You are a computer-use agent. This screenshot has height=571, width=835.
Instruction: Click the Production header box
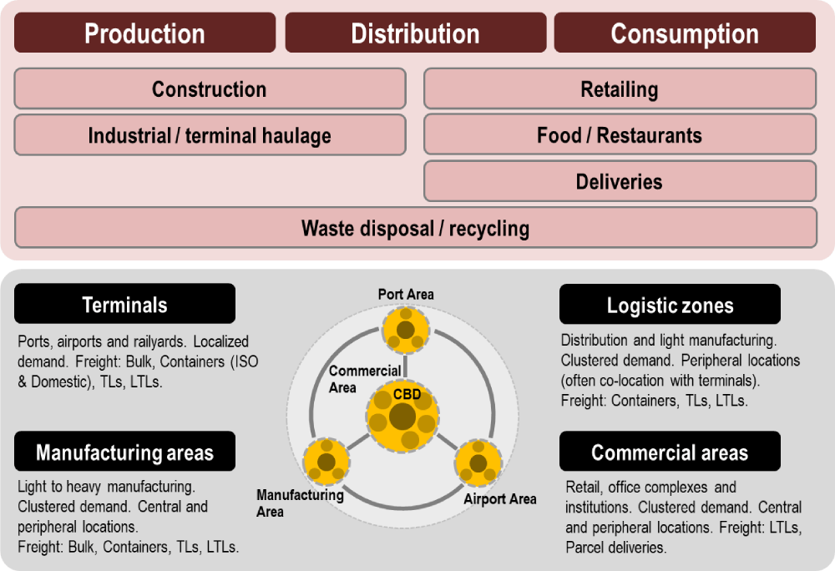coord(144,33)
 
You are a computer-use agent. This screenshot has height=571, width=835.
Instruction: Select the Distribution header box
coord(415,33)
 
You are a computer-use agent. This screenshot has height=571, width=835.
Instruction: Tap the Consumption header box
coord(685,33)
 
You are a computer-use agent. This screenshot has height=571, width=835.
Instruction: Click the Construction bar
coord(210,89)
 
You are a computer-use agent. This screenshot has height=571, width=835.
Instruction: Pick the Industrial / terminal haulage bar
coord(210,135)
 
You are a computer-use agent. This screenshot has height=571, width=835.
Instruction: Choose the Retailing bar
coord(620,89)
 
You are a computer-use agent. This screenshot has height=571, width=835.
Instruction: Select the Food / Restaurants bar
coord(620,135)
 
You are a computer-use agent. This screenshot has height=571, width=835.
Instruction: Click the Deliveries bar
coord(620,181)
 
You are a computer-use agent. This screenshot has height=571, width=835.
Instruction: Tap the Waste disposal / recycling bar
coord(415,228)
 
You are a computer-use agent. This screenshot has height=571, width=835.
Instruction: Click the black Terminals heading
coord(124,304)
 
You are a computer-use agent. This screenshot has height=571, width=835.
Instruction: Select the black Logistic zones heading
coord(670,305)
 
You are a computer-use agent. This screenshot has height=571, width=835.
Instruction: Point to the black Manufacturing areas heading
coord(124,452)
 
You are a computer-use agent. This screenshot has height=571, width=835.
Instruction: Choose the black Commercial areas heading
coord(670,452)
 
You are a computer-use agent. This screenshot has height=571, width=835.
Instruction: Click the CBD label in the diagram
coord(406,392)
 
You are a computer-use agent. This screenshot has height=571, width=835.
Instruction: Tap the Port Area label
coord(406,294)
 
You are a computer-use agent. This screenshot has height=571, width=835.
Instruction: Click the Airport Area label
coord(500,499)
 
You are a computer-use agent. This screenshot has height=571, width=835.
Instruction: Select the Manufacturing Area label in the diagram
coord(300,503)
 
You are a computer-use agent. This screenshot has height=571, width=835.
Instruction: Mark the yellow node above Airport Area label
coord(478,462)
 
